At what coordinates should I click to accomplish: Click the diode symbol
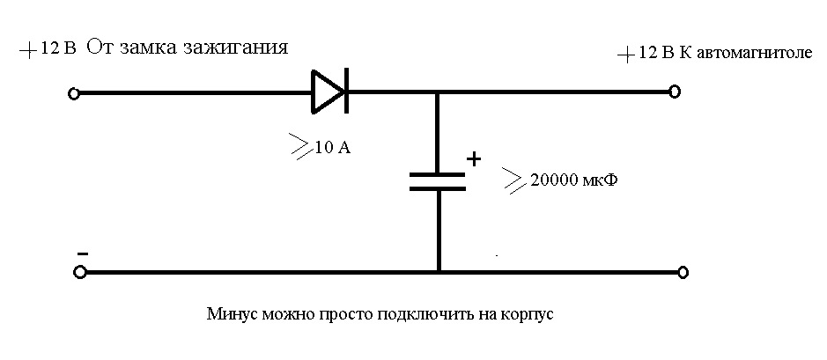click(x=330, y=92)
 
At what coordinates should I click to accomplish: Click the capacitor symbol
click(x=437, y=181)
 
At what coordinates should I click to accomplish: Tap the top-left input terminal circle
click(x=74, y=92)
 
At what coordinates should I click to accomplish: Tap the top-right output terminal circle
click(x=675, y=91)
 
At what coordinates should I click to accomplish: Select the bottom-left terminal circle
click(x=79, y=272)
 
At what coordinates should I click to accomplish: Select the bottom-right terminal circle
click(x=682, y=272)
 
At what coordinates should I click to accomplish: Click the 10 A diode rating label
click(x=332, y=148)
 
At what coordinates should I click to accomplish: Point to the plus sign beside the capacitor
click(x=474, y=159)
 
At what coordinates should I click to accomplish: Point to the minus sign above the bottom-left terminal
click(x=81, y=253)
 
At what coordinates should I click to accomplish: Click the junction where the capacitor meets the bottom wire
click(x=437, y=272)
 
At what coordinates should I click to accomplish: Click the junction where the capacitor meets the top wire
click(x=437, y=92)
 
